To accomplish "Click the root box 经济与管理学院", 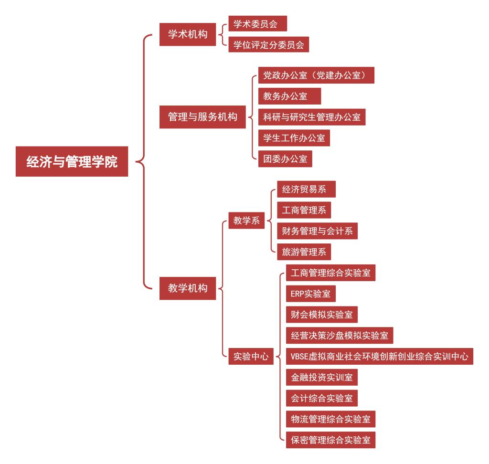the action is (x=72, y=161).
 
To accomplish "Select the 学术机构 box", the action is (x=187, y=34).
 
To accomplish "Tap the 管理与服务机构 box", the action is (x=202, y=117).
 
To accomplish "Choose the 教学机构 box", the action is (x=187, y=288).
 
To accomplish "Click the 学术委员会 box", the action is (x=257, y=23).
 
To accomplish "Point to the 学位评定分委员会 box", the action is (x=268, y=44).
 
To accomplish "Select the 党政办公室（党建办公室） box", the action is (x=316, y=75).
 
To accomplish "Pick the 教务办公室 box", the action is (x=289, y=96).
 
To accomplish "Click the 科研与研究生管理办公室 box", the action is (x=312, y=117).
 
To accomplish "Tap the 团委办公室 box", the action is (x=285, y=158).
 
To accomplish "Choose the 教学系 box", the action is (x=246, y=221).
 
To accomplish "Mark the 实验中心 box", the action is (x=251, y=356).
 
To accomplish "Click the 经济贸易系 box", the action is (x=306, y=189).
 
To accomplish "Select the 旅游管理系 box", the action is (x=304, y=252).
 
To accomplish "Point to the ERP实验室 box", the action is (x=310, y=294).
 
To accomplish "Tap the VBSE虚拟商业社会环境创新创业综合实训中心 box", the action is (x=380, y=356).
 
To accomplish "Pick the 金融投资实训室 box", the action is (x=322, y=377).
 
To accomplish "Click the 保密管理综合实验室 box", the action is (x=330, y=440).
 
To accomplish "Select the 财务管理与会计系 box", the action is (x=317, y=231).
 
